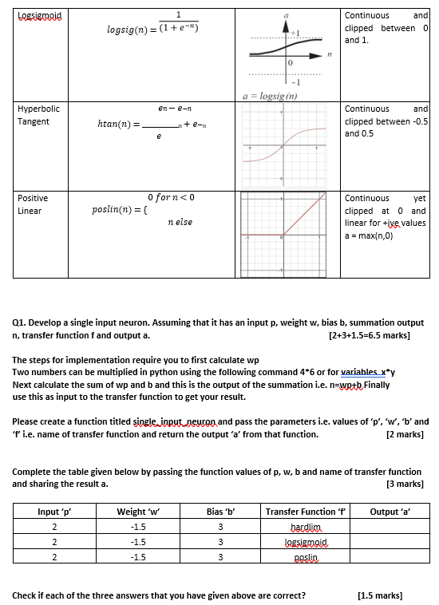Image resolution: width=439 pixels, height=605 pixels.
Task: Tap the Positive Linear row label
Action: click(33, 204)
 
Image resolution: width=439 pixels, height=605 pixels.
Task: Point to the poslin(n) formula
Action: click(143, 209)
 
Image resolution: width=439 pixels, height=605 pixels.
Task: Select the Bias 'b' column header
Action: click(219, 511)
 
